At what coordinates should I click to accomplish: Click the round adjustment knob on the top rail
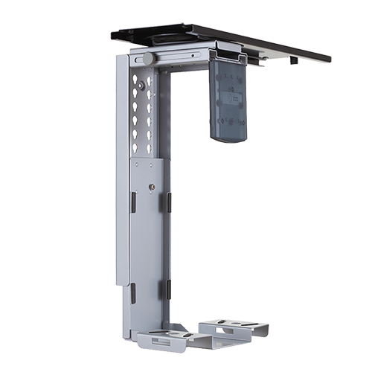[x=149, y=58]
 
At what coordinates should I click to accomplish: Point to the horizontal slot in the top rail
[x=179, y=54]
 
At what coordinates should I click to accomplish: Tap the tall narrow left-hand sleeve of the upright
[x=121, y=171]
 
